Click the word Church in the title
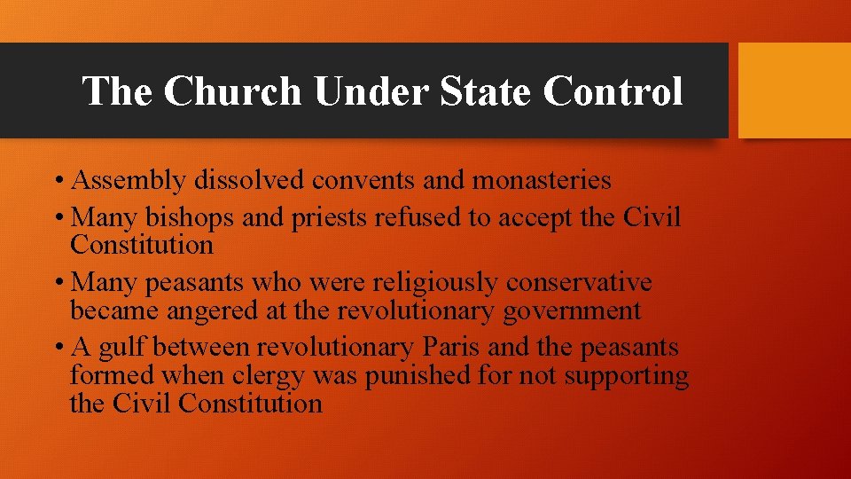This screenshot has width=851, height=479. tap(232, 91)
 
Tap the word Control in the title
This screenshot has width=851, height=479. tap(613, 91)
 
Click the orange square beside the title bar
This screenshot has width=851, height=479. tap(794, 90)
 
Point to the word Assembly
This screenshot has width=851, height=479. tap(129, 181)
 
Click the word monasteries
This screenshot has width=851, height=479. tap(542, 181)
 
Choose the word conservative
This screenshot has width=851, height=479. tap(579, 283)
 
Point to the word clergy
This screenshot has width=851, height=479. tap(268, 376)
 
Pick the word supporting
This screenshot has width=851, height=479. tap(627, 376)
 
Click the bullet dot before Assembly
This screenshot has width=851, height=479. tap(57, 182)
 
